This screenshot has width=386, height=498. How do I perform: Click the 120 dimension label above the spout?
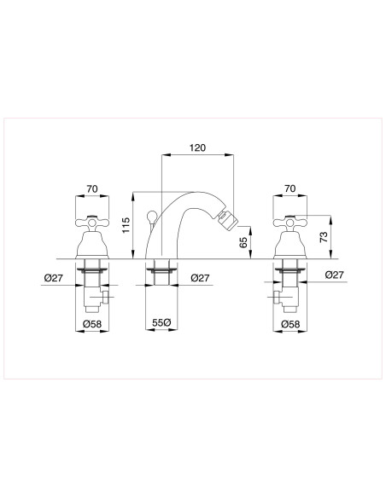(197, 148)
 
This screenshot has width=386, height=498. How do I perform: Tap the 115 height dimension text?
(126, 225)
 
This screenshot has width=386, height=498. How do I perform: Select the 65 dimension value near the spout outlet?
(243, 242)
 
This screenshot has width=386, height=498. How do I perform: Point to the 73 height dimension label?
(324, 237)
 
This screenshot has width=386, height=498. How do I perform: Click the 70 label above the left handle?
(92, 189)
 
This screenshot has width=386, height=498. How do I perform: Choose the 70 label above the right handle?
(290, 188)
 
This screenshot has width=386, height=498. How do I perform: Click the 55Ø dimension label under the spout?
(161, 322)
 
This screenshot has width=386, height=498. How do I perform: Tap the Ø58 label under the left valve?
(92, 324)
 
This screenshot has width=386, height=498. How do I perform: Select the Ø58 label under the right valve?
(290, 324)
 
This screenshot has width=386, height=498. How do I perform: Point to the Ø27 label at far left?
(54, 278)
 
